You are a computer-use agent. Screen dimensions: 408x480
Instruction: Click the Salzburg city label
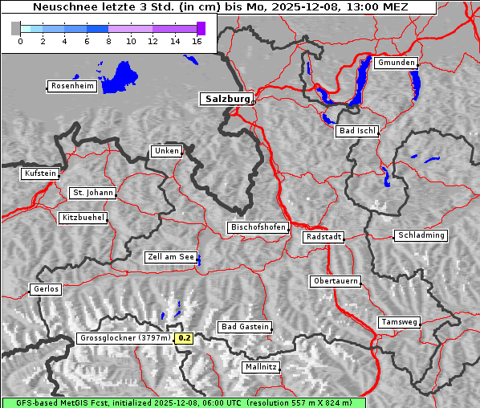click(226, 99)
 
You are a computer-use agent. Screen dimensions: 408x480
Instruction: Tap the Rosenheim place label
click(71, 86)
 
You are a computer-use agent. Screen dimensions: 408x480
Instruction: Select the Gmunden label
click(396, 63)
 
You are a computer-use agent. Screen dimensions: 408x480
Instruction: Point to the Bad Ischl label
click(356, 131)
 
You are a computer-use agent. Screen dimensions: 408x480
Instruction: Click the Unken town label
click(165, 151)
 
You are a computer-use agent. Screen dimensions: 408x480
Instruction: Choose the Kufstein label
click(40, 173)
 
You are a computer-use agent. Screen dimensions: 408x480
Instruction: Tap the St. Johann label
click(92, 193)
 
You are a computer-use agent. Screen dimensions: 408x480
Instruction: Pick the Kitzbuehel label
click(83, 218)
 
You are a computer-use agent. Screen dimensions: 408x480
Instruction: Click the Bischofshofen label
click(258, 228)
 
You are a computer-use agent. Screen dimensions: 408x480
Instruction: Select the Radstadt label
click(323, 237)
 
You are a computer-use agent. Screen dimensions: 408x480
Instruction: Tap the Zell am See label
click(171, 258)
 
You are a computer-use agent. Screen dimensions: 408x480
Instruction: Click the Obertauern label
click(335, 281)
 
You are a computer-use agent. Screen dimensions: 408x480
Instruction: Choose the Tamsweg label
click(399, 322)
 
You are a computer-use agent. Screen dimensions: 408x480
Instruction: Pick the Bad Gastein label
click(245, 327)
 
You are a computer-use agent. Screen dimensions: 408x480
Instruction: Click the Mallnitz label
click(261, 367)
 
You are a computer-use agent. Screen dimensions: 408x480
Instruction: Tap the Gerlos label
click(46, 289)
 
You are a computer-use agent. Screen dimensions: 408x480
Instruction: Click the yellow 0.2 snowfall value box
click(185, 338)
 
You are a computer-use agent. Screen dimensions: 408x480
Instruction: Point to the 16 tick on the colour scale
click(197, 41)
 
